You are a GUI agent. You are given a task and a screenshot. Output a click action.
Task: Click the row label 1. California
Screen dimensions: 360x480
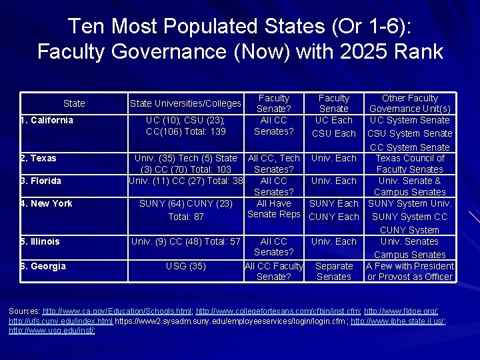[47, 121]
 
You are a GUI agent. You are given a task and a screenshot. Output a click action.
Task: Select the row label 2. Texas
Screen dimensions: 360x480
[39, 159]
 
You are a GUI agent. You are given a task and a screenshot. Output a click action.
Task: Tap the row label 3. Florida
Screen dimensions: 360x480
[41, 181]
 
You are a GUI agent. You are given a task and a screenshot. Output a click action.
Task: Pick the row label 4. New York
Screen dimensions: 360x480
[46, 204]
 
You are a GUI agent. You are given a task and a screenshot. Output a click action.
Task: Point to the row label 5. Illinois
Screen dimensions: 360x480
[40, 242]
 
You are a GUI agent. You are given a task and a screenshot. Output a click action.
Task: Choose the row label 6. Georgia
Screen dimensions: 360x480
[43, 267]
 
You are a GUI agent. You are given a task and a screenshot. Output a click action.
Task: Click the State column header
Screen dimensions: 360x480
[74, 103]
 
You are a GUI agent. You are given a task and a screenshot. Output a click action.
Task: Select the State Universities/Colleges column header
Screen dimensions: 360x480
[185, 103]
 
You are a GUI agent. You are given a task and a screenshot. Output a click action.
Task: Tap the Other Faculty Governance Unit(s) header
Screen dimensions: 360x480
[410, 103]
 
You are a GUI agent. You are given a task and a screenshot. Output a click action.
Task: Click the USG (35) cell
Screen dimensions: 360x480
[185, 267]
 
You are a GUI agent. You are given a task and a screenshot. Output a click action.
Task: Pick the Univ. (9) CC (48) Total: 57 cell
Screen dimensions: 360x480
[185, 242]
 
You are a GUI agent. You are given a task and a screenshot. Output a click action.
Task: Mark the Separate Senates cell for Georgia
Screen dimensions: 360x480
[334, 271]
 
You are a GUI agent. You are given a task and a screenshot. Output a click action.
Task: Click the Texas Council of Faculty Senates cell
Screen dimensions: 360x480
[410, 164]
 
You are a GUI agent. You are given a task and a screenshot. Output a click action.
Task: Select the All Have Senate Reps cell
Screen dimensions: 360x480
[274, 209]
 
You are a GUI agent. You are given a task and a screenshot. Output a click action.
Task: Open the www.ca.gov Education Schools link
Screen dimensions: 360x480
[117, 311]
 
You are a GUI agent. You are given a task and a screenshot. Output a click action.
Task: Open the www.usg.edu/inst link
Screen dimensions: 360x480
[52, 330]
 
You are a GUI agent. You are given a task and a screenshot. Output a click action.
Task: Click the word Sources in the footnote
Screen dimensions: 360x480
[24, 311]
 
